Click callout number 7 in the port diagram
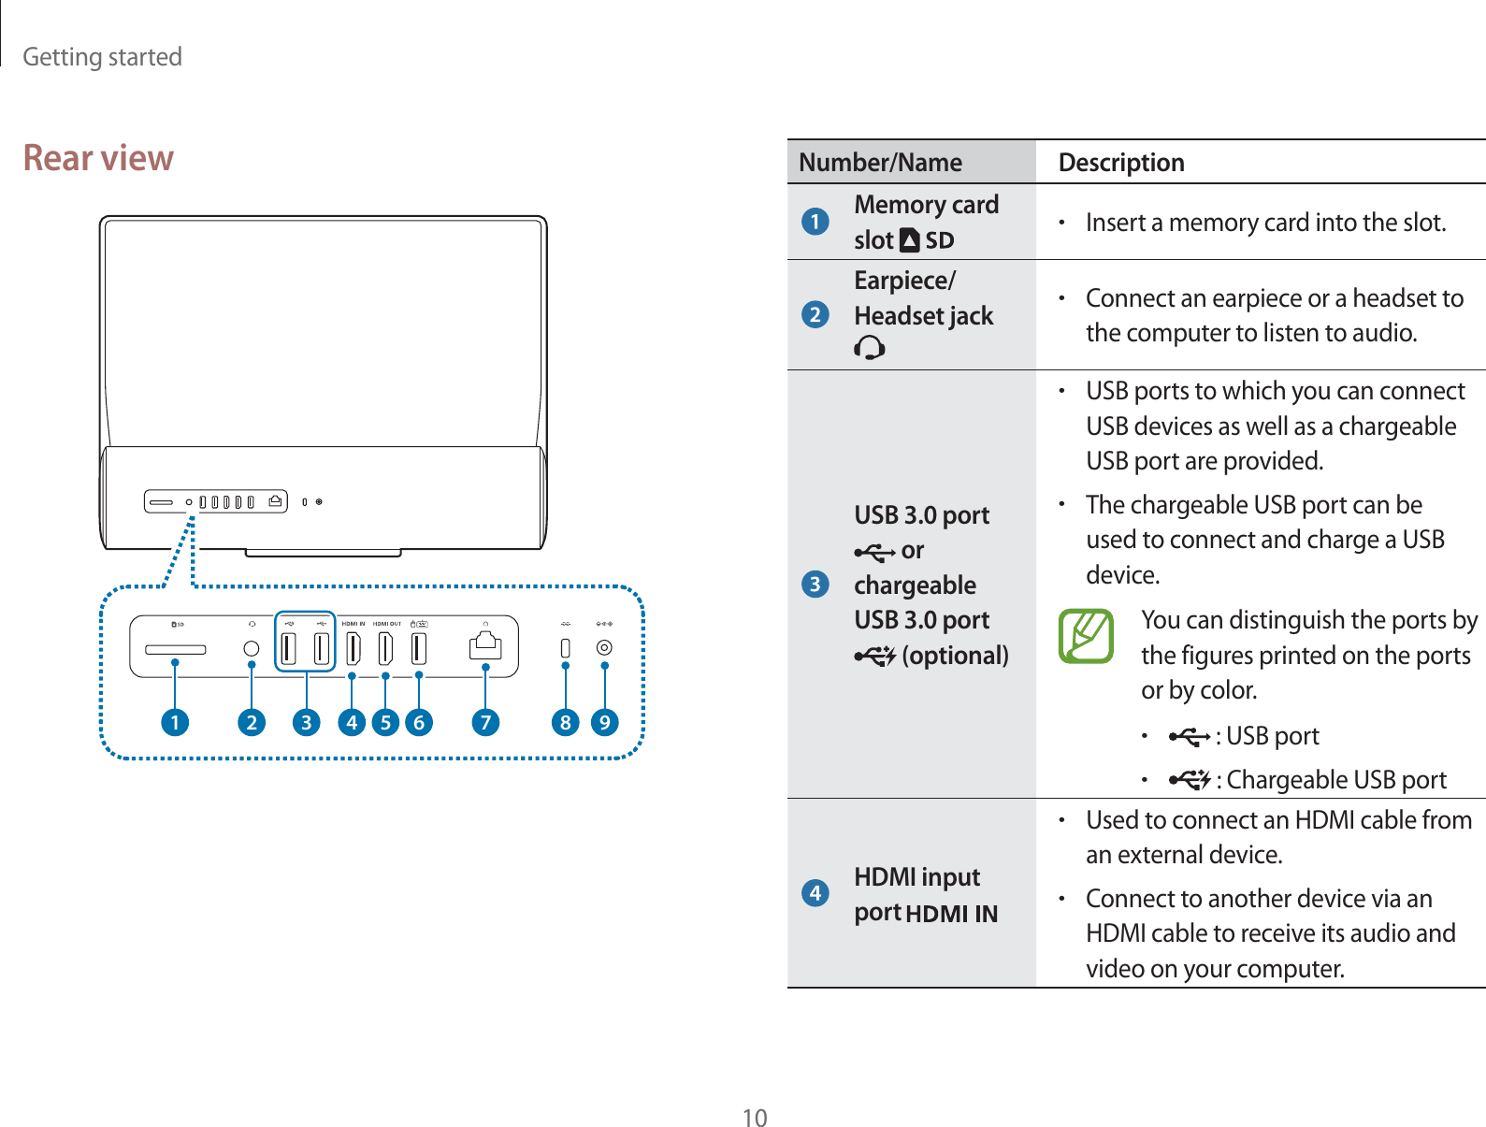tap(485, 722)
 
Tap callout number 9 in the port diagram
tap(605, 722)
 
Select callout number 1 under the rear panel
tap(175, 722)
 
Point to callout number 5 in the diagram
tap(385, 722)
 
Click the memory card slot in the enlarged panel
tap(175, 648)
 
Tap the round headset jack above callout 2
tap(251, 648)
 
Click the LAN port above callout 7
tap(485, 646)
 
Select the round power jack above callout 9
tap(605, 647)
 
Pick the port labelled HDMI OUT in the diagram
tap(385, 647)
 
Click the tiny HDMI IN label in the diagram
tap(353, 624)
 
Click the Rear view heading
tap(98, 158)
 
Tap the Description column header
tap(1121, 163)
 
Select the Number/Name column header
tap(880, 163)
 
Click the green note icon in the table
tap(1086, 636)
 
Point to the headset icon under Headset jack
tap(869, 349)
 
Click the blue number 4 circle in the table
tap(815, 892)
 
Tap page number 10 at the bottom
tap(755, 1118)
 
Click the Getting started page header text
tap(102, 57)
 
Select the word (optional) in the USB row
tap(955, 656)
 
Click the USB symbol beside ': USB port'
tap(1189, 737)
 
